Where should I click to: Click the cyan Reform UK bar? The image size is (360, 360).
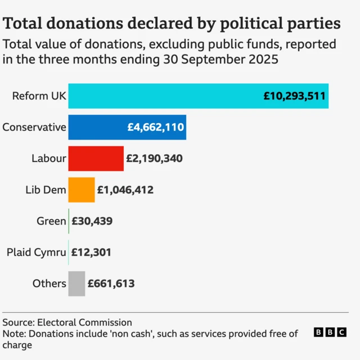[169, 96]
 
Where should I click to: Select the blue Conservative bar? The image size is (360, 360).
[96, 127]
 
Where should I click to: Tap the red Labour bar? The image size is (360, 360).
[96, 159]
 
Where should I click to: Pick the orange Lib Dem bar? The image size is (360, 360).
[82, 190]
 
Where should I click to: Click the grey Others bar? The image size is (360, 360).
[76, 283]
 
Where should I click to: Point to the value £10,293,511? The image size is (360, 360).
[294, 96]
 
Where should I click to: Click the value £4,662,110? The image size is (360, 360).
[155, 127]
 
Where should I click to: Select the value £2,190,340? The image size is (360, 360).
[154, 159]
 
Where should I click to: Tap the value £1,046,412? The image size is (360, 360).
[125, 190]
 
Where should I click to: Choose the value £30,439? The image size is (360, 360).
[92, 221]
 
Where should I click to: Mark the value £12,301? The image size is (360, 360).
[91, 253]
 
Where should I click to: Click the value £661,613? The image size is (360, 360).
[111, 283]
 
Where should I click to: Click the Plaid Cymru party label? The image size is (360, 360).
[36, 253]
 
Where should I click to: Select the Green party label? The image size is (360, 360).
[51, 221]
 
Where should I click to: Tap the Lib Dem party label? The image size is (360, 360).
[46, 190]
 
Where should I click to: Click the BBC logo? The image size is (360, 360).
[330, 332]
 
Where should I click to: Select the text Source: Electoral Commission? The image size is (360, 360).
[67, 322]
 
